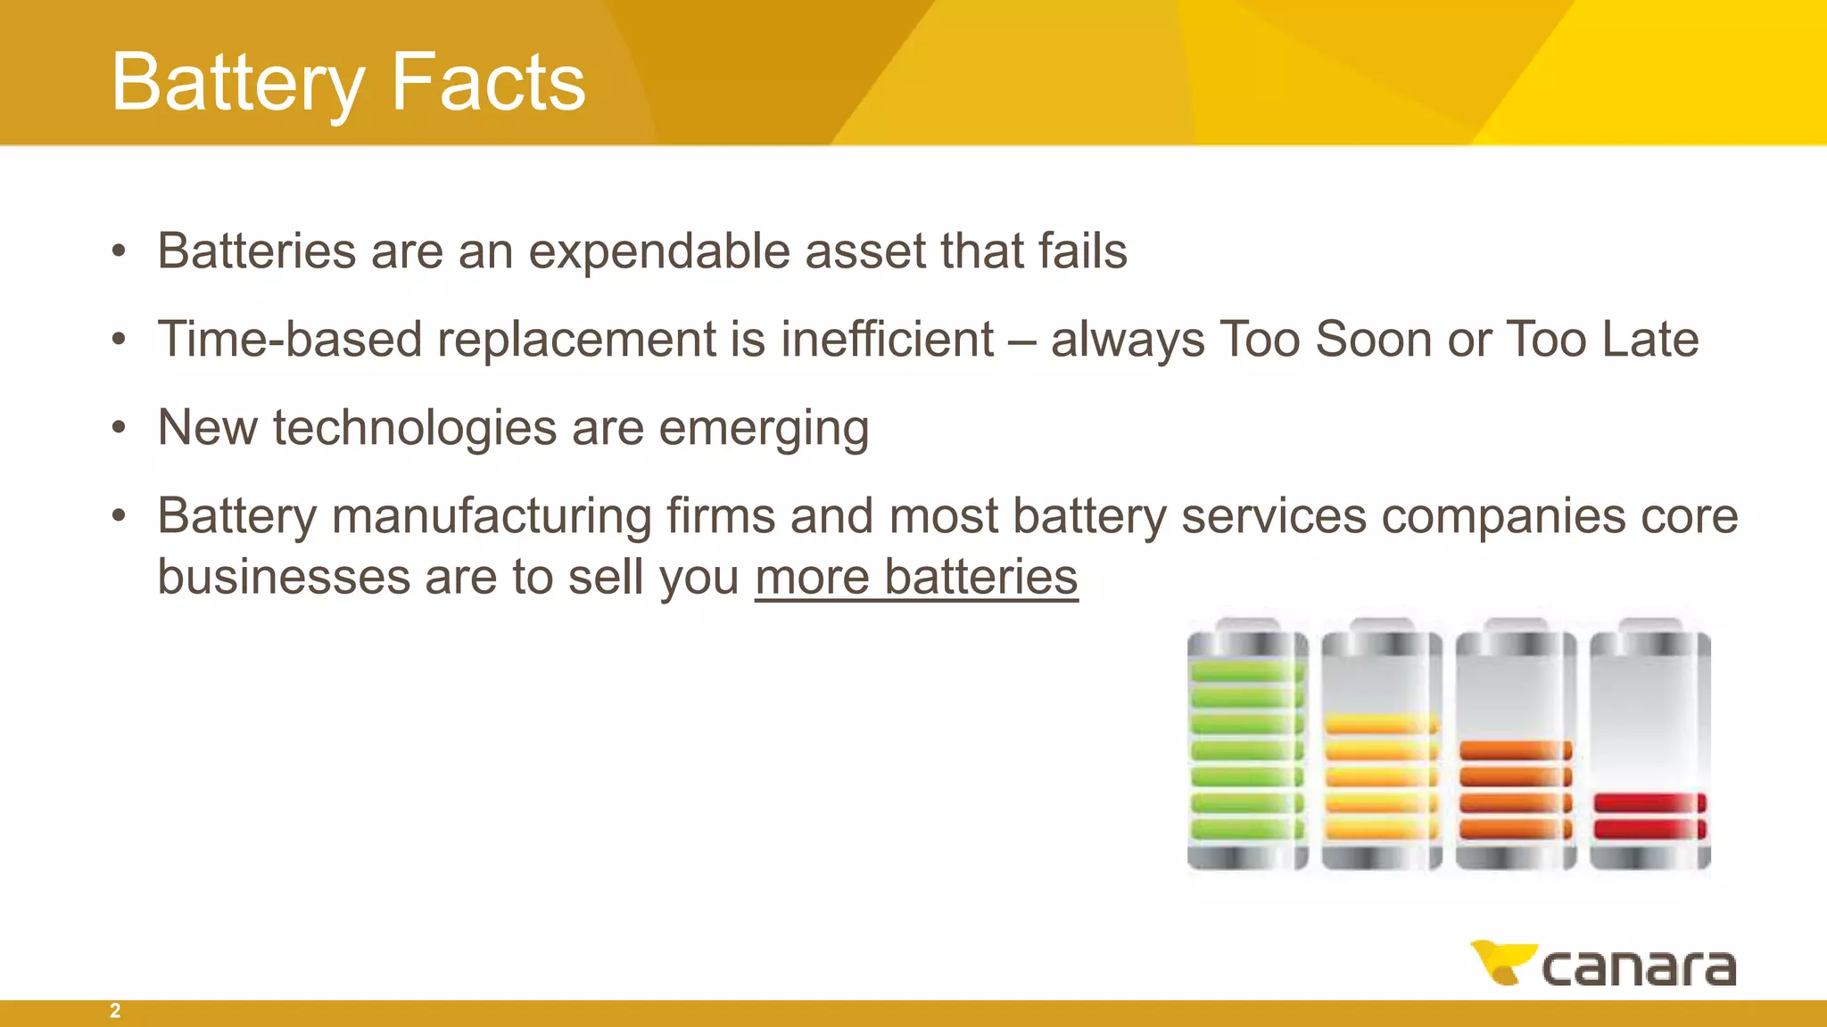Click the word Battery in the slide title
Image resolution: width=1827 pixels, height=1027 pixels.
pos(237,83)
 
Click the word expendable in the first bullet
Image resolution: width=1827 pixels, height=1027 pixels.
pos(659,251)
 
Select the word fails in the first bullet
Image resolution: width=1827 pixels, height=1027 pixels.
pos(1082,251)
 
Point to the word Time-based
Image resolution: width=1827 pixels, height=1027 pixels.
pos(289,340)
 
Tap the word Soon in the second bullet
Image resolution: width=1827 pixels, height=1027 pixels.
pos(1373,340)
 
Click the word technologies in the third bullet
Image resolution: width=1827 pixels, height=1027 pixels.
pos(415,428)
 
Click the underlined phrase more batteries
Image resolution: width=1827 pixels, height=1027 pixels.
pos(916,577)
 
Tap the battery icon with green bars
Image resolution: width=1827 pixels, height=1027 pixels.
pos(1247,744)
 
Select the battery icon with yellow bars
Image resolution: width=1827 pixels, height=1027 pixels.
pos(1381,744)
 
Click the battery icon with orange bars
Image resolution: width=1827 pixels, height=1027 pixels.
pos(1515,744)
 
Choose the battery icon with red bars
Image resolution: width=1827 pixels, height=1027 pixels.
pos(1649,744)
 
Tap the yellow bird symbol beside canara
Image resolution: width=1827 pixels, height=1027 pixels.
pos(1502,962)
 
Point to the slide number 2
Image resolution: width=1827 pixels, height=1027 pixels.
pos(115,1011)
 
